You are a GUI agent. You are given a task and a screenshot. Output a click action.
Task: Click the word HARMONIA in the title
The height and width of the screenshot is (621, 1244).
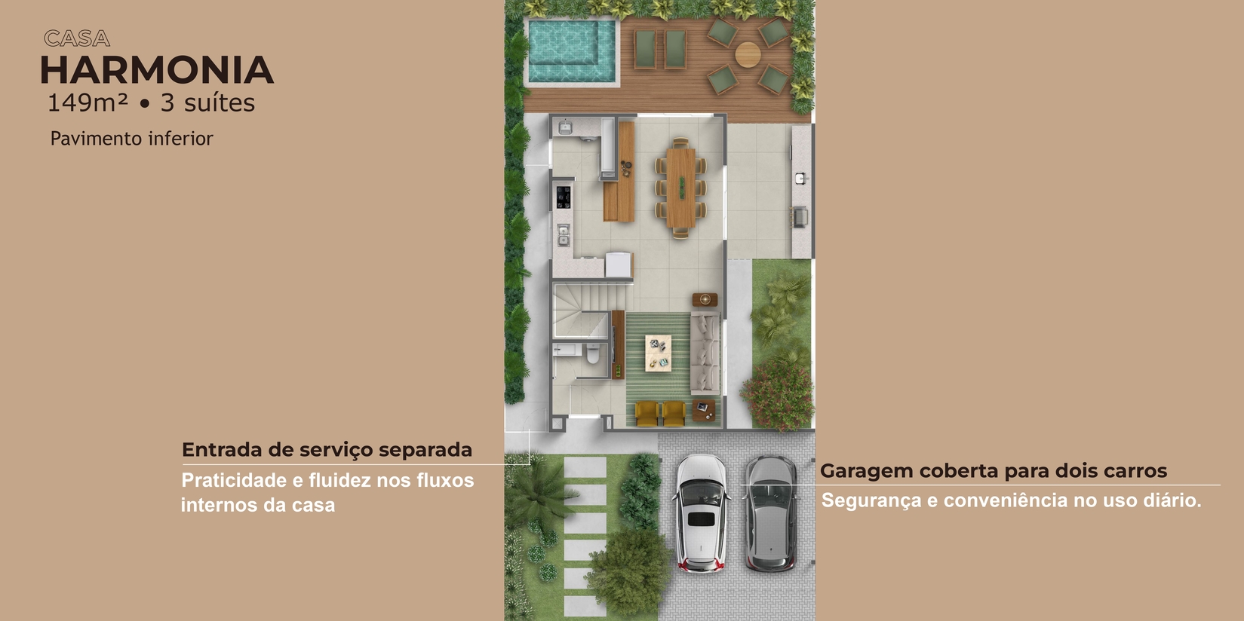click(x=157, y=70)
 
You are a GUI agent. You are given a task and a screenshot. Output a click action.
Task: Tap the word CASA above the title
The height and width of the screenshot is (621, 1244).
click(x=77, y=39)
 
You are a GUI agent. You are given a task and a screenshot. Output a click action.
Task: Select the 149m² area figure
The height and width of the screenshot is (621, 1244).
click(x=88, y=102)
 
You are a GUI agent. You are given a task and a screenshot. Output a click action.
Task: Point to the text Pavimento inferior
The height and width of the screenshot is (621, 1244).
click(x=131, y=138)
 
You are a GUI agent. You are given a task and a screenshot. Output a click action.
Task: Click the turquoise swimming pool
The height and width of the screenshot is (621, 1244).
click(x=572, y=51)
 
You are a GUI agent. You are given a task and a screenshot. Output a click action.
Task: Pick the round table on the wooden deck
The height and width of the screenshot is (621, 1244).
click(x=748, y=54)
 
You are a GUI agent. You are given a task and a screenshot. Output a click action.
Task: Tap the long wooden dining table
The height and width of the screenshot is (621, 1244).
click(x=681, y=187)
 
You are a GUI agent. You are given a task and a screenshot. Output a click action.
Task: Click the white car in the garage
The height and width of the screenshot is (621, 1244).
click(x=701, y=512)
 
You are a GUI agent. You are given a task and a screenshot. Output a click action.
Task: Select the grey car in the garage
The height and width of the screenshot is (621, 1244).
click(x=772, y=512)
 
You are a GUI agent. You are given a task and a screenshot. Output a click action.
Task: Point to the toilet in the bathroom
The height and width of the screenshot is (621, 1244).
click(x=592, y=353)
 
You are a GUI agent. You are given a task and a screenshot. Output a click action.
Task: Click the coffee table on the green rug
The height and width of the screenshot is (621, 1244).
click(x=658, y=353)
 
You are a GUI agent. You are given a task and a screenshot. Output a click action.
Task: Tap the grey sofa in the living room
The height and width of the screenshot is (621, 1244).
click(x=705, y=353)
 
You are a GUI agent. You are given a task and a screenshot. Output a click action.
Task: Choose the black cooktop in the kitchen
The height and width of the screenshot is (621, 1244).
click(x=563, y=197)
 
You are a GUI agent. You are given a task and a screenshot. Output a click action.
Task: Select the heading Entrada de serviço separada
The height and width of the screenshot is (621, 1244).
click(x=327, y=449)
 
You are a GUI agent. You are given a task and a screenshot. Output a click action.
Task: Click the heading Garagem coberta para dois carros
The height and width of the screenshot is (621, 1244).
click(x=994, y=470)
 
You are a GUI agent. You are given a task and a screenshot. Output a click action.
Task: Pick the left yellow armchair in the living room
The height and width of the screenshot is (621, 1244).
click(x=646, y=414)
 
